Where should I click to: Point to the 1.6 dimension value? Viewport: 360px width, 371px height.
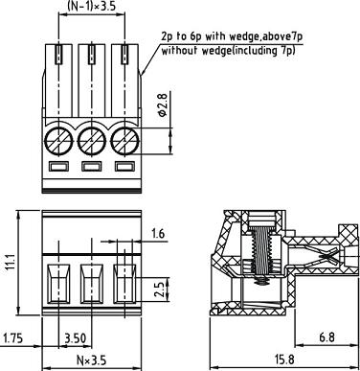(159, 234)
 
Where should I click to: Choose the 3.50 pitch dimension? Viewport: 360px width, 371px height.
(75, 337)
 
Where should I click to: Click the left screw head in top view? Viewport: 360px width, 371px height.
(60, 142)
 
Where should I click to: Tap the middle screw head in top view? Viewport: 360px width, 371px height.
(91, 142)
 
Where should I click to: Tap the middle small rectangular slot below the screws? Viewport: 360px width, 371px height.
(91, 169)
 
